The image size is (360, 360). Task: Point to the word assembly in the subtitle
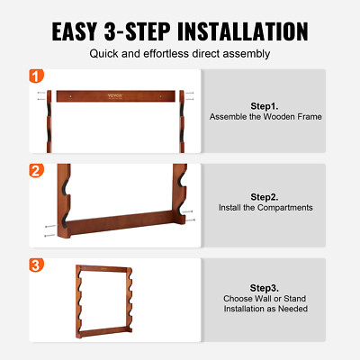pyautogui.click(x=248, y=54)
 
